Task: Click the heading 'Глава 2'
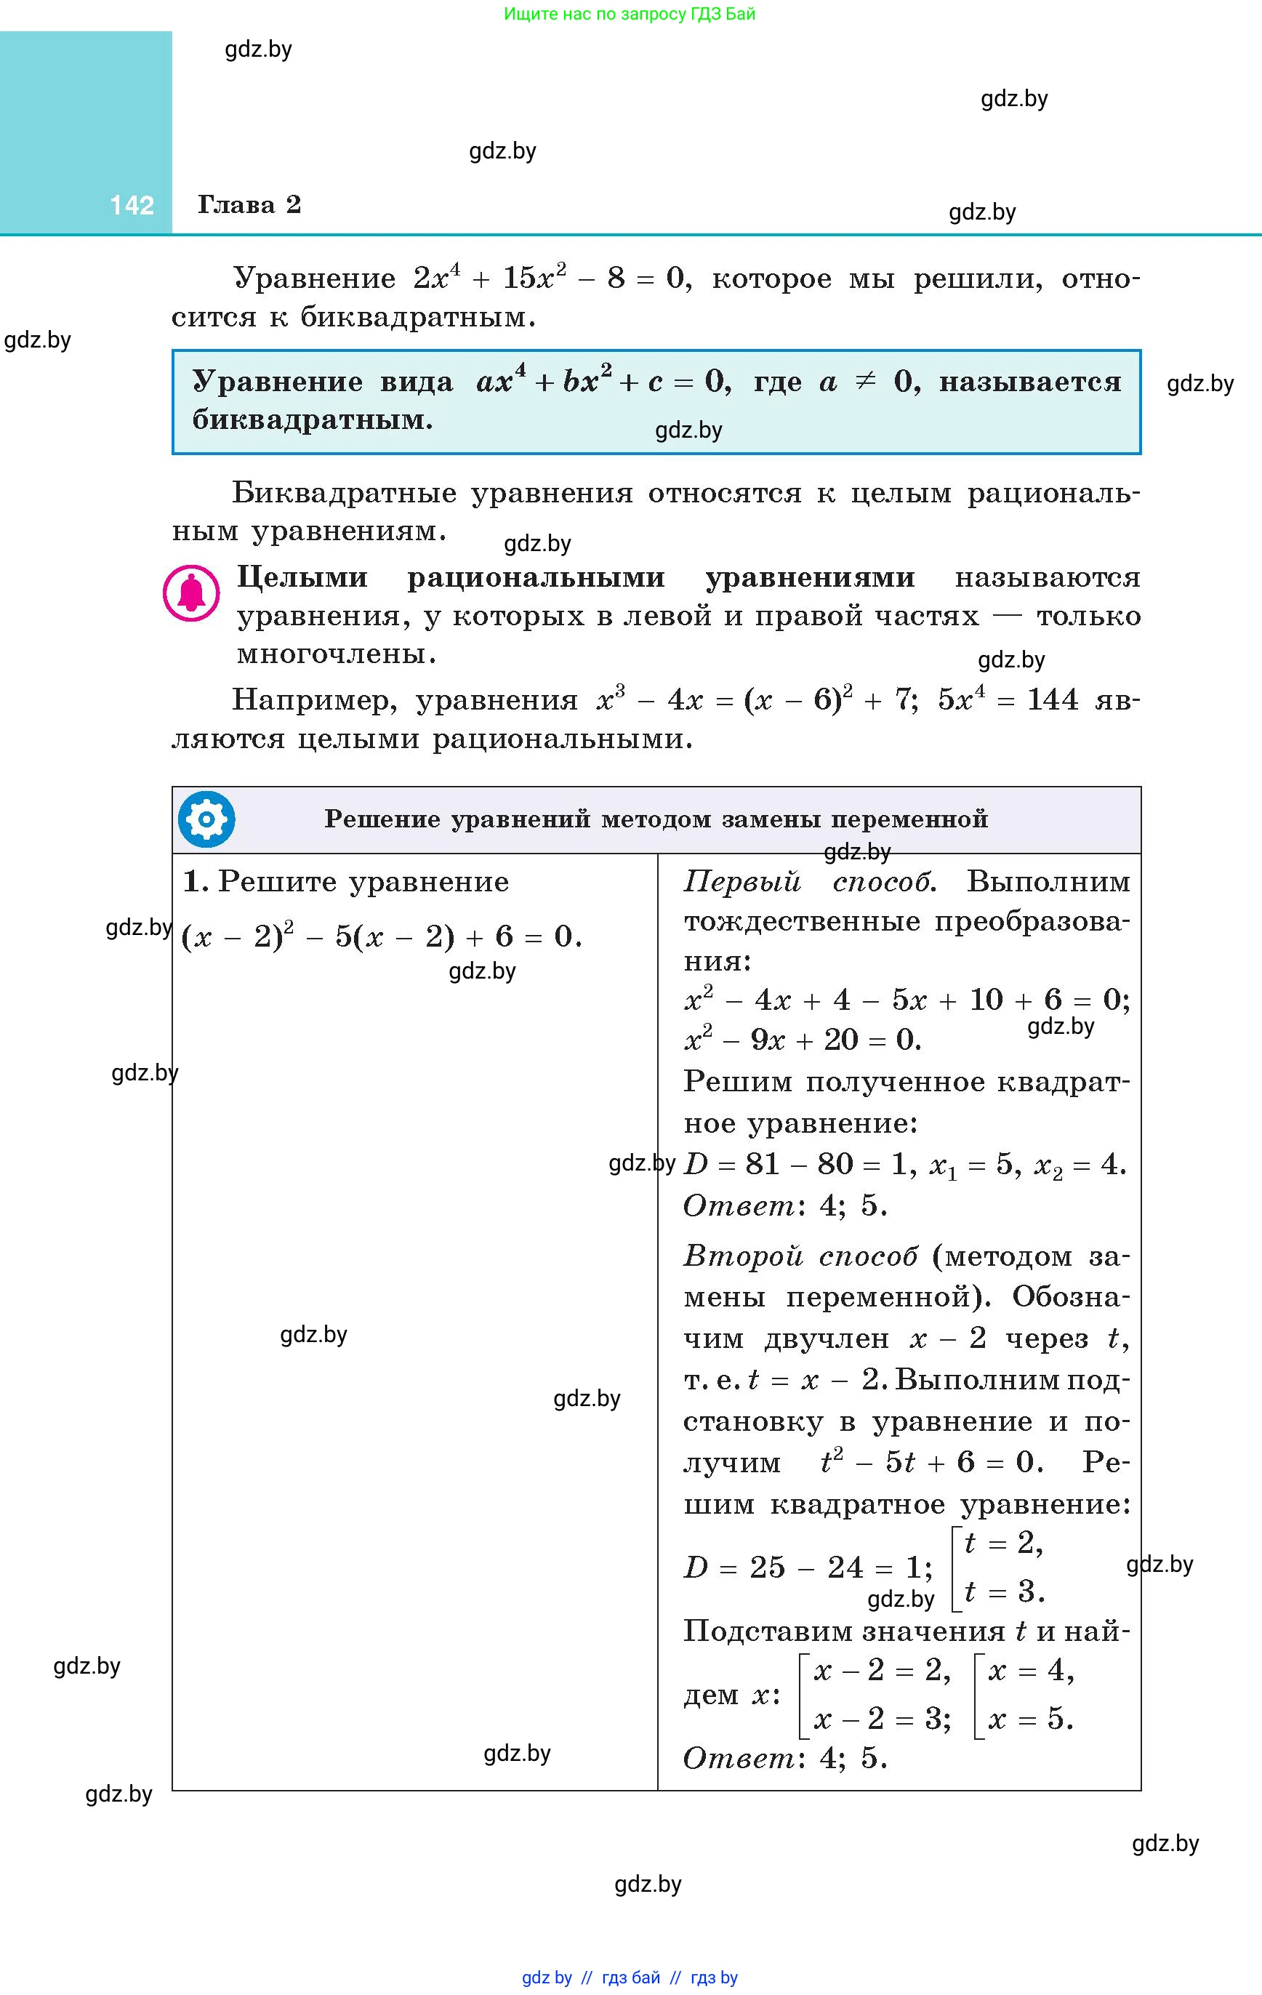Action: coord(249,204)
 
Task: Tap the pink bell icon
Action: coord(191,593)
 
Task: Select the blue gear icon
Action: coord(206,819)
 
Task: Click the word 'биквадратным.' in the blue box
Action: coord(313,420)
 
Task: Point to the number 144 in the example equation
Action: coord(1053,700)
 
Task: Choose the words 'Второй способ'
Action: coord(800,1256)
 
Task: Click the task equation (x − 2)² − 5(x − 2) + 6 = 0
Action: coord(381,936)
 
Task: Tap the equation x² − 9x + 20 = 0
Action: coord(802,1040)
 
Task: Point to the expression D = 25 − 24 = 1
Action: coord(807,1567)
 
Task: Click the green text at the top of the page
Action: coord(630,14)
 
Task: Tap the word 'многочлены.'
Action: coord(337,654)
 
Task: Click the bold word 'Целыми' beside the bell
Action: coord(302,577)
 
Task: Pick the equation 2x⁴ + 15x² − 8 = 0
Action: coord(550,278)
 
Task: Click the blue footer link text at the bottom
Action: coord(630,1978)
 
